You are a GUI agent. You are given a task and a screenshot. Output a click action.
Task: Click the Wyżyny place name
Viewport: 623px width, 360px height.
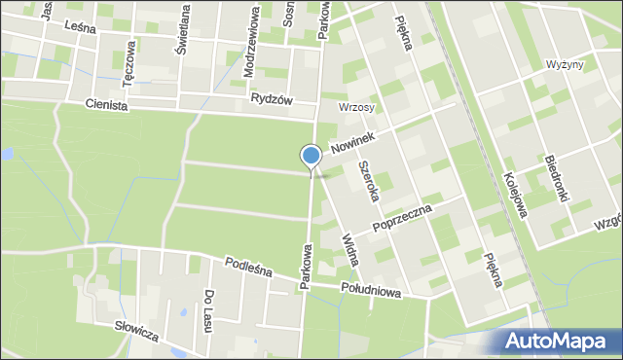click(x=565, y=64)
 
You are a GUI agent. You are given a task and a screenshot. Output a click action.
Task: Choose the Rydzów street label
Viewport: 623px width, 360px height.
click(x=272, y=98)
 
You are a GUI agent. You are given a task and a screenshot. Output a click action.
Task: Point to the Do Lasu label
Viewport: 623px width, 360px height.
click(x=208, y=310)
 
